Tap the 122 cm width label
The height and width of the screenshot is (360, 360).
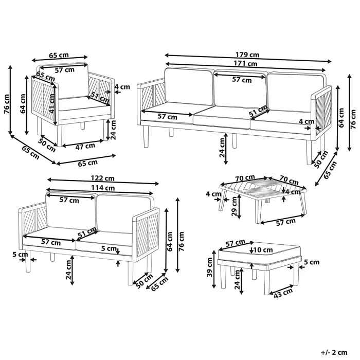pos(103,178)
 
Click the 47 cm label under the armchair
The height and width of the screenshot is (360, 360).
pos(86,146)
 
